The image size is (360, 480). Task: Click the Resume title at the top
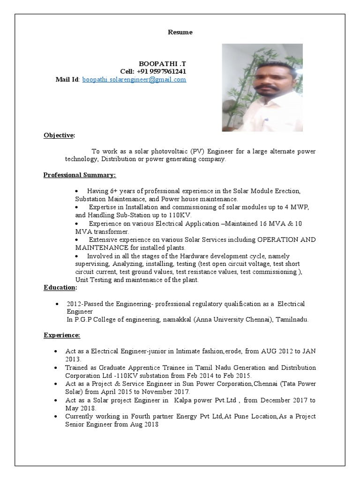tap(180, 32)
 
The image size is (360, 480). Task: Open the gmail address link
tap(134, 80)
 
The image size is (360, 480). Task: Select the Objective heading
tap(59, 135)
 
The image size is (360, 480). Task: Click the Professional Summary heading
tap(80, 175)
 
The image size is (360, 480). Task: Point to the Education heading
tap(60, 287)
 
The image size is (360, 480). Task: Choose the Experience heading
tap(62, 335)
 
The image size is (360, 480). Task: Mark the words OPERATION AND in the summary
tap(286, 240)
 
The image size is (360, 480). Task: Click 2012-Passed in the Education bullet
tap(82, 304)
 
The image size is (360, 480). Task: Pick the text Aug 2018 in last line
tap(146, 424)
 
